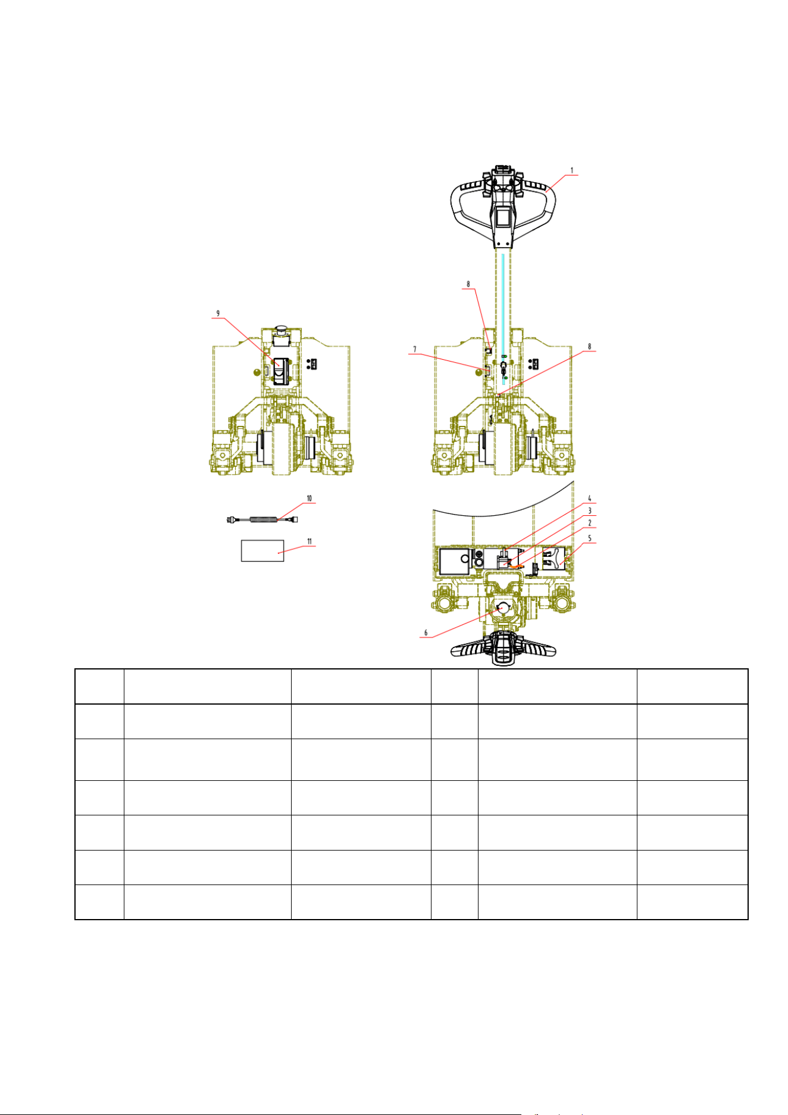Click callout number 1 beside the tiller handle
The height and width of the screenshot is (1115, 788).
pyautogui.click(x=572, y=170)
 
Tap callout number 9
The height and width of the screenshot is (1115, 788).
pyautogui.click(x=218, y=313)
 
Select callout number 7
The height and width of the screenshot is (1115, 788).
pyautogui.click(x=415, y=350)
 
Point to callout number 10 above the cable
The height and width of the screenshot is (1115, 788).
pyautogui.click(x=309, y=498)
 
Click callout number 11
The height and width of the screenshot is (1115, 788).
pyautogui.click(x=309, y=541)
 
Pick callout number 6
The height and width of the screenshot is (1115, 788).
pyautogui.click(x=426, y=633)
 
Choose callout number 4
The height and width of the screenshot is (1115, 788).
pyautogui.click(x=590, y=499)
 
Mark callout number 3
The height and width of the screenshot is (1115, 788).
pyautogui.click(x=590, y=511)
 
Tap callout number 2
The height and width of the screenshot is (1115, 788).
pyautogui.click(x=590, y=523)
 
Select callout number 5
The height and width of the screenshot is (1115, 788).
pyautogui.click(x=590, y=538)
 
